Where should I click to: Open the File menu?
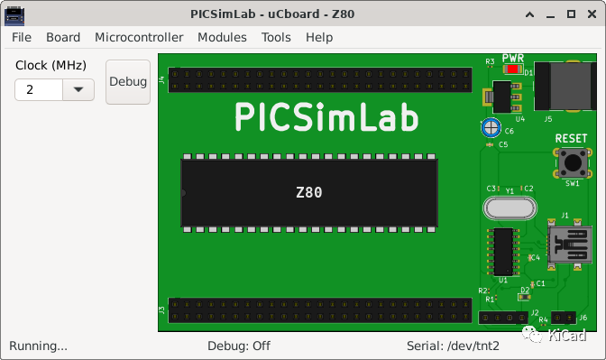click(x=22, y=37)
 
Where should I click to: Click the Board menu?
click(x=63, y=37)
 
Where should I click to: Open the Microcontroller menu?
click(x=139, y=37)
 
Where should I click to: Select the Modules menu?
click(x=222, y=37)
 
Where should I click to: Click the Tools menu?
click(x=276, y=37)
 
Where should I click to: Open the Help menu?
click(x=319, y=37)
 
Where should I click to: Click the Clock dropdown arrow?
click(x=78, y=89)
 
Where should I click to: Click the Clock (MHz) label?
click(x=50, y=66)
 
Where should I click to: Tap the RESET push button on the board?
click(x=572, y=163)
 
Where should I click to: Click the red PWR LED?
click(x=512, y=69)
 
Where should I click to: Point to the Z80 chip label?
click(x=309, y=192)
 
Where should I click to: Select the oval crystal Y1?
click(x=510, y=208)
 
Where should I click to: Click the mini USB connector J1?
click(x=567, y=245)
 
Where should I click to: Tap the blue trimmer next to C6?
click(x=491, y=127)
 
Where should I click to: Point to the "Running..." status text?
click(x=38, y=346)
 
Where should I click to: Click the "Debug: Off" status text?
click(x=239, y=346)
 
